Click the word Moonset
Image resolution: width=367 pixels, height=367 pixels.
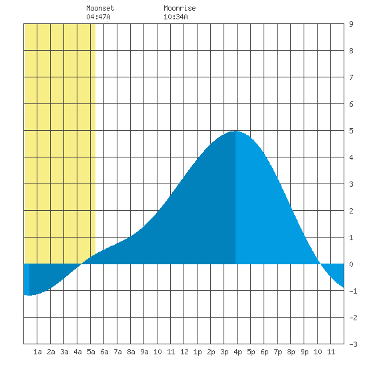tap(100, 8)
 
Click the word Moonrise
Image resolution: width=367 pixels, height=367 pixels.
tap(179, 8)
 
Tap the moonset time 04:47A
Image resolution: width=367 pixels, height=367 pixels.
tap(98, 17)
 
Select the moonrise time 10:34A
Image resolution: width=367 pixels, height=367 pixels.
tap(175, 17)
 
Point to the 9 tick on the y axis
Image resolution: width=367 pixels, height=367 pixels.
tap(351, 24)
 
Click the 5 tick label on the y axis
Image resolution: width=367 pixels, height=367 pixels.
tap(351, 131)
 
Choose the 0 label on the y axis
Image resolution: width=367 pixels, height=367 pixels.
tap(351, 264)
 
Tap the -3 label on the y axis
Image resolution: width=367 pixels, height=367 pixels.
tap(353, 344)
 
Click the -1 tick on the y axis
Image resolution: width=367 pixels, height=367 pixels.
tap(353, 291)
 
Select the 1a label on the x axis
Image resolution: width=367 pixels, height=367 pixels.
tap(37, 352)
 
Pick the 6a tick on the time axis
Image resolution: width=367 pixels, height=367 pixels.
tap(104, 352)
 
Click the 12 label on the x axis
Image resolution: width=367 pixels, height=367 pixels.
tap(184, 352)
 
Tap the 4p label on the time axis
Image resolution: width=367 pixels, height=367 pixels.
tap(238, 352)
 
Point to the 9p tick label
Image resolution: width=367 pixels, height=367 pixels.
tap(304, 352)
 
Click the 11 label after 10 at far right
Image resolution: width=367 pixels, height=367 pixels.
tap(331, 352)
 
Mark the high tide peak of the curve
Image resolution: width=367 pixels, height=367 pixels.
tap(236, 131)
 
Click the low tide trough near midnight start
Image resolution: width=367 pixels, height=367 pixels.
tap(29, 295)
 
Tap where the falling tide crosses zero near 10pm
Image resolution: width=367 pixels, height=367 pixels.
tap(320, 264)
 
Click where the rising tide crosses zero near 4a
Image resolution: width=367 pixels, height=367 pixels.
tap(81, 264)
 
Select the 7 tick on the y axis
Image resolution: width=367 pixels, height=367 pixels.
tap(351, 77)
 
